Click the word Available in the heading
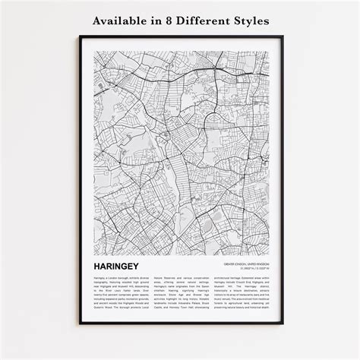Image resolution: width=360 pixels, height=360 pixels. point(123,20)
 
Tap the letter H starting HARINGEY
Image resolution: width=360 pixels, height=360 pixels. point(97,267)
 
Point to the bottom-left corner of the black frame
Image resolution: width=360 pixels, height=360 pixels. point(80,324)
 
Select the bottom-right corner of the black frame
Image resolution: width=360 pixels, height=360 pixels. point(282,324)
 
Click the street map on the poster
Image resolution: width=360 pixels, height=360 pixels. point(180,152)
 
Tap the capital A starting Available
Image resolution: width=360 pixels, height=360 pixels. point(96,20)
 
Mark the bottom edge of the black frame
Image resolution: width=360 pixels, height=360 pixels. point(180,324)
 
